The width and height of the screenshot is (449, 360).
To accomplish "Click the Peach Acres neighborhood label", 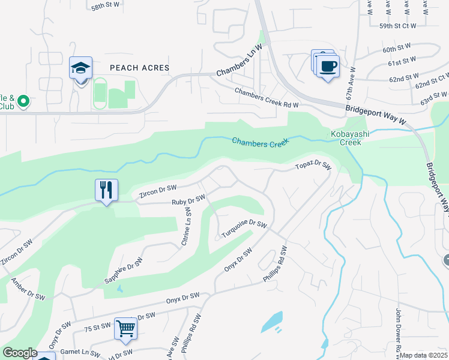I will pyautogui.click(x=139, y=68).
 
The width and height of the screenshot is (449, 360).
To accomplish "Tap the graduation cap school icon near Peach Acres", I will pyautogui.click(x=80, y=68).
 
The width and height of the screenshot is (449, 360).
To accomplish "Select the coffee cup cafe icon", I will pyautogui.click(x=328, y=66).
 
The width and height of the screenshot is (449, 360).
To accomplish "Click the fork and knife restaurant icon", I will pyautogui.click(x=106, y=190).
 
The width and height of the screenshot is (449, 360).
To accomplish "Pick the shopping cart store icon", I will pyautogui.click(x=126, y=328).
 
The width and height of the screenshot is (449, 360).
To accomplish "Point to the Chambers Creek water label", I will pyautogui.click(x=261, y=142).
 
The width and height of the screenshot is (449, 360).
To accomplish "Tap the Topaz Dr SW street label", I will pyautogui.click(x=313, y=166).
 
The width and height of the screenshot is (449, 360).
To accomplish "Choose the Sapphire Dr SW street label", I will pyautogui.click(x=124, y=271).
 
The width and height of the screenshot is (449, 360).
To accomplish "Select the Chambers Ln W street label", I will pyautogui.click(x=240, y=61).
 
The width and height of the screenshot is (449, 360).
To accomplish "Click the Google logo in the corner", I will pyautogui.click(x=20, y=353).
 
